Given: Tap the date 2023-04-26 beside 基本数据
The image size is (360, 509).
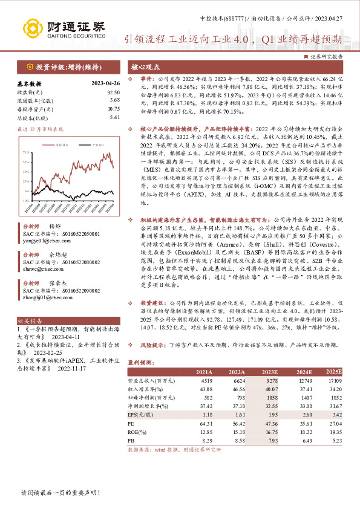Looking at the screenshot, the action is click(102, 83).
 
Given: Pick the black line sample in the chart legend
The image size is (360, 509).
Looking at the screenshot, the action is click(90, 146).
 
